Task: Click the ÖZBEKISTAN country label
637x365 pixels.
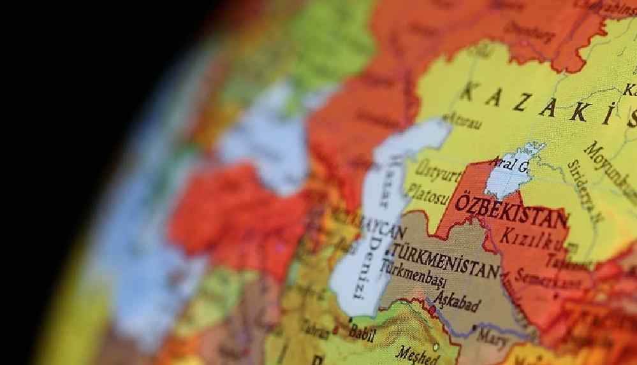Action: [510, 210]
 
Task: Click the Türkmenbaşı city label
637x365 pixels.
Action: [414, 278]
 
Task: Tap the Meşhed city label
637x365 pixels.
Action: [417, 354]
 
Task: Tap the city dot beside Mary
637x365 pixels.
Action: [474, 327]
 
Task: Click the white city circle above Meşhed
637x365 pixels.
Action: [436, 347]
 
